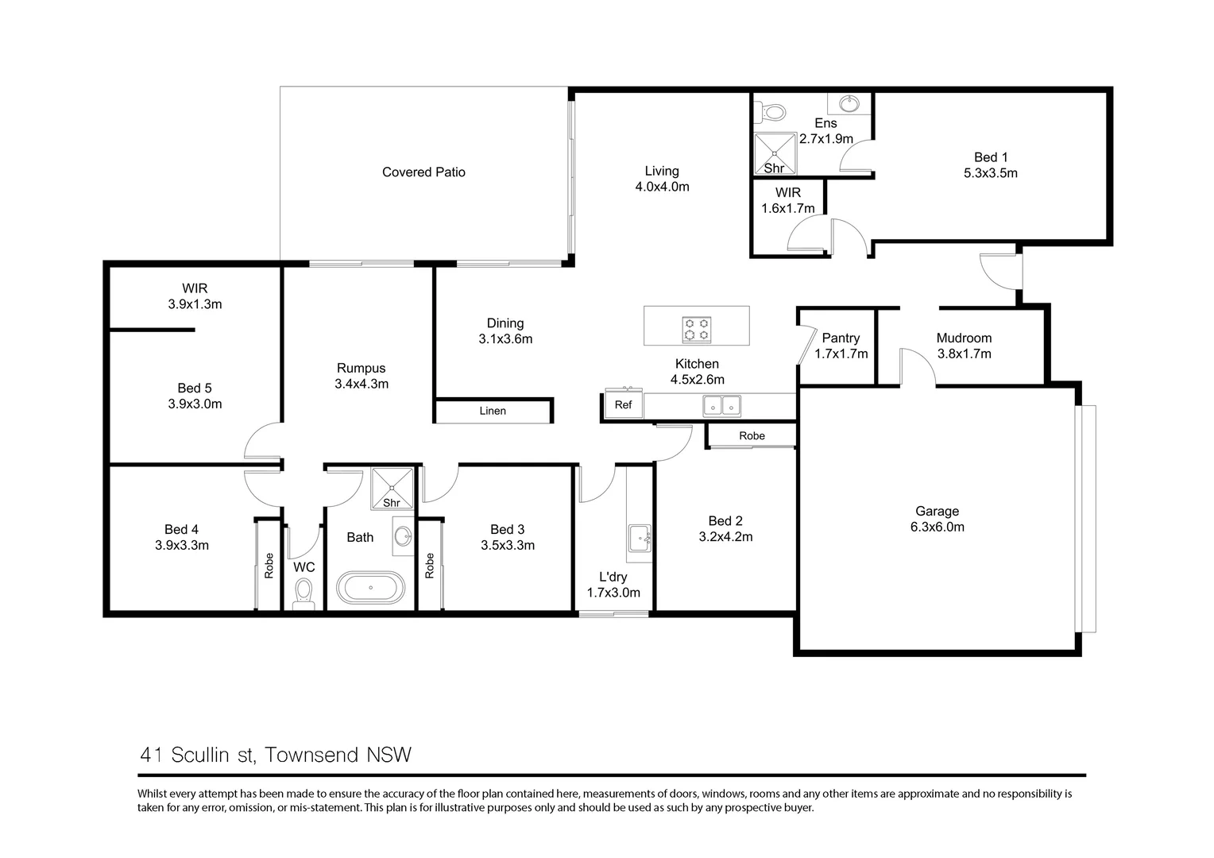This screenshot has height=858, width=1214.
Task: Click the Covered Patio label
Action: point(423,172)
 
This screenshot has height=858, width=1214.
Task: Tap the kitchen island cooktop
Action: point(697,329)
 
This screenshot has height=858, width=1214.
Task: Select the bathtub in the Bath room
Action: point(371,587)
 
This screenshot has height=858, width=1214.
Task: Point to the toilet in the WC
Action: point(303,593)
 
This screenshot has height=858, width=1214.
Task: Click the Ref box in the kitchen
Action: point(623,404)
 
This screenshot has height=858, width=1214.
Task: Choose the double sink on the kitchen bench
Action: point(721,405)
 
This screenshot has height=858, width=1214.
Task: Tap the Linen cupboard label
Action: point(493,411)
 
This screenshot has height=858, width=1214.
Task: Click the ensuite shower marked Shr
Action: point(775,154)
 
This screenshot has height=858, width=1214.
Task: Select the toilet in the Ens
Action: point(770,112)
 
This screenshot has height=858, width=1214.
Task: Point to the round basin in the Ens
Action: point(849,103)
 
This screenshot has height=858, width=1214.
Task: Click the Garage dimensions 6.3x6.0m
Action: point(937,527)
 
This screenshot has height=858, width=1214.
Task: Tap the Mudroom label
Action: point(965,338)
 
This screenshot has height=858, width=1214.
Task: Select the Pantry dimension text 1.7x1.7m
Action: point(841,354)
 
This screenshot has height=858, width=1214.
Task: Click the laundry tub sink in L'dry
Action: point(640,538)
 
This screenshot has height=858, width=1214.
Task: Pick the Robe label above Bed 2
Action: point(752,436)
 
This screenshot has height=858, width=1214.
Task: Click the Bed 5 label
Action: point(195,388)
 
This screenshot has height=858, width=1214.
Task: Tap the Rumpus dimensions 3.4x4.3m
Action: point(361,384)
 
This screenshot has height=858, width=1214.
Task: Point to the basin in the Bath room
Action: point(403,536)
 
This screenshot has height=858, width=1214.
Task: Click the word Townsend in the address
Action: point(311,755)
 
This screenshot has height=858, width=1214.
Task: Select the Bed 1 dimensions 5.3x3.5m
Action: point(991,173)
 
